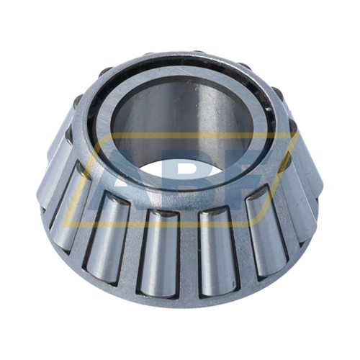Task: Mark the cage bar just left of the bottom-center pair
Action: pyautogui.click(x=132, y=241)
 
